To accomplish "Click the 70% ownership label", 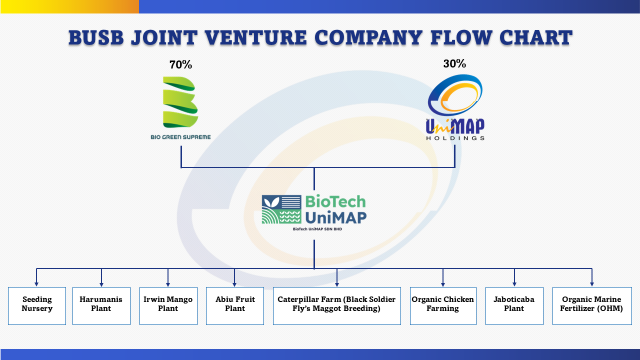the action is pyautogui.click(x=180, y=65).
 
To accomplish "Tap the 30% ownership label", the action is pyautogui.click(x=454, y=63).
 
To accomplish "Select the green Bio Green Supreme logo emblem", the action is pyautogui.click(x=180, y=102).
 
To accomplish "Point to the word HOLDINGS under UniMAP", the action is pyautogui.click(x=455, y=138).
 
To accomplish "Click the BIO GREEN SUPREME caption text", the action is pyautogui.click(x=180, y=137).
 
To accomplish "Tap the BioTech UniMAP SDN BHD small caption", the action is pyautogui.click(x=317, y=229).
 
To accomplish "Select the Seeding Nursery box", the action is pyautogui.click(x=37, y=306).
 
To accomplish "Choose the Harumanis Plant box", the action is pyautogui.click(x=101, y=306).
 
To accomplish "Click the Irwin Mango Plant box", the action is pyautogui.click(x=168, y=306).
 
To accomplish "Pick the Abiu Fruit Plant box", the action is pyautogui.click(x=235, y=306).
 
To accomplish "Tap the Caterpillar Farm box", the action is pyautogui.click(x=337, y=306).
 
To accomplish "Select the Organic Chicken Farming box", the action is pyautogui.click(x=443, y=306).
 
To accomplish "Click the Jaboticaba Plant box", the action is pyautogui.click(x=514, y=306).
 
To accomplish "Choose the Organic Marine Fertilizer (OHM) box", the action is pyautogui.click(x=592, y=306).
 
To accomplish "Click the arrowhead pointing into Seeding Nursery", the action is pyautogui.click(x=36, y=284).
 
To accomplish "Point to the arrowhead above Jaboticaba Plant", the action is pyautogui.click(x=514, y=284).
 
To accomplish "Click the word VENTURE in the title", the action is pyautogui.click(x=256, y=37).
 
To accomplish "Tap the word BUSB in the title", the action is pyautogui.click(x=96, y=37).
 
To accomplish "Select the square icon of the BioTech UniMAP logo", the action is pyautogui.click(x=281, y=209).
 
